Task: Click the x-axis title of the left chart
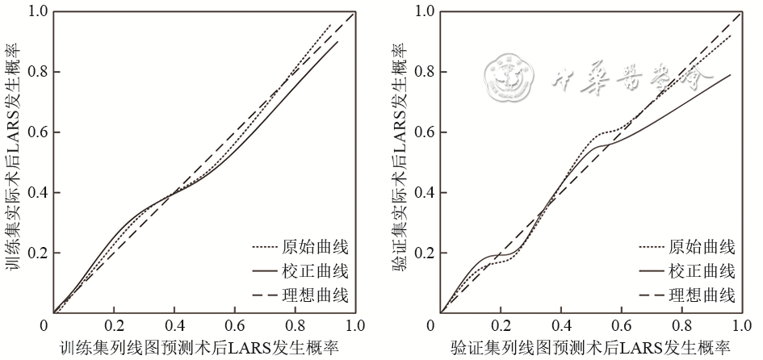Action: coord(198,349)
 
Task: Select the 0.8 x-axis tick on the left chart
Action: coord(295,326)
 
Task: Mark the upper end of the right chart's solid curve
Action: coord(731,74)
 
